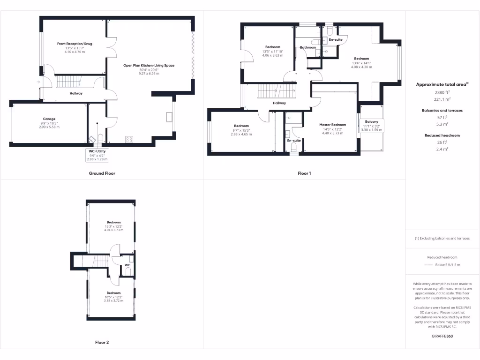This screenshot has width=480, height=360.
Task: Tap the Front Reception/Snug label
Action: point(75,44)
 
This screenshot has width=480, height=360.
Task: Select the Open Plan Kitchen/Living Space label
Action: point(149,66)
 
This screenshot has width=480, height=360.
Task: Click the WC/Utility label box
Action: point(97,155)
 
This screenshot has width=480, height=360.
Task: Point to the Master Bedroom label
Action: point(332,125)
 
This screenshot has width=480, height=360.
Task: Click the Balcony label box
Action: point(372,125)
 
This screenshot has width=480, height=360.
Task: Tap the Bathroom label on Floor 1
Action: point(308,47)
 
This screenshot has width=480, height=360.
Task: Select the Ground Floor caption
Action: point(102,173)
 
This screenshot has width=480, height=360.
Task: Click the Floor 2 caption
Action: point(102,343)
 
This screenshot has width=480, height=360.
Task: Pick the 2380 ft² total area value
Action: point(442,92)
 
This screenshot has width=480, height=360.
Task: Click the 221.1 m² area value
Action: point(442,99)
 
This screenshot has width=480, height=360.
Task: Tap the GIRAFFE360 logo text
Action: point(442,337)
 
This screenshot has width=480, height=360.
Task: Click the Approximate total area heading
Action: point(442,84)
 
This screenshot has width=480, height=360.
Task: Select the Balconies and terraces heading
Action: point(442,111)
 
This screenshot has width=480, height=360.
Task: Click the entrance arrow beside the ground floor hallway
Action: point(37,82)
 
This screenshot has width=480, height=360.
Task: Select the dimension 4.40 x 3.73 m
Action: point(332,133)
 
